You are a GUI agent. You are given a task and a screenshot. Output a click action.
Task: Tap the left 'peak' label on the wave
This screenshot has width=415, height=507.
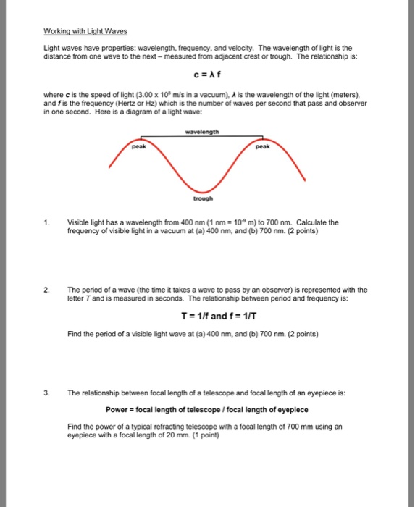(x=139, y=146)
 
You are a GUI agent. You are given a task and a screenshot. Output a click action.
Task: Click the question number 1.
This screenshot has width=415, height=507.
(x=48, y=222)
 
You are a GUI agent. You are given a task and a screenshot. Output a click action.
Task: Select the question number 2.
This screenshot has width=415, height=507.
(x=48, y=288)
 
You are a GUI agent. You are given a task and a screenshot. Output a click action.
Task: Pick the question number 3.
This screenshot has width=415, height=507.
(x=48, y=394)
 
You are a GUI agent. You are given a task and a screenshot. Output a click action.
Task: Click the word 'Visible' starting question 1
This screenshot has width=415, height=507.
(x=79, y=222)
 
